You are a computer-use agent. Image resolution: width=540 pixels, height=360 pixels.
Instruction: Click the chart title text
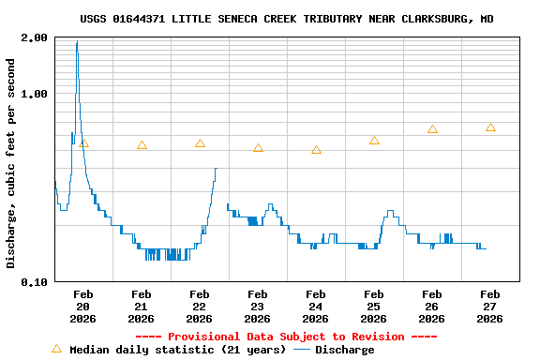point(287,19)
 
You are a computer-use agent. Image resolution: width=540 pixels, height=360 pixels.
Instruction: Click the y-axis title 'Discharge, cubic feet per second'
point(11,163)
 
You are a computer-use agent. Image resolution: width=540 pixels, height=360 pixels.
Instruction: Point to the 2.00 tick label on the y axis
point(35,37)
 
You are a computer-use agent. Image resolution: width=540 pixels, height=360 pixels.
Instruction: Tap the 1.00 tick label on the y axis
point(35,94)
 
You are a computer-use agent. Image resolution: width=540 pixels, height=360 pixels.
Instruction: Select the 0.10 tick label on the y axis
point(35,281)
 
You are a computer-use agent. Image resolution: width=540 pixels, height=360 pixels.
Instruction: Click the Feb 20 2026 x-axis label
point(83,307)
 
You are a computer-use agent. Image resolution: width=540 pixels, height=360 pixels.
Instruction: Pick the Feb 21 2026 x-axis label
point(142,307)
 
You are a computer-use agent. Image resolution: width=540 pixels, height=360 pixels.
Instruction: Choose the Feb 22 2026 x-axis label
point(200,307)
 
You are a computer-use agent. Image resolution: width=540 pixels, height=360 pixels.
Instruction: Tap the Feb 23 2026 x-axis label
point(258,307)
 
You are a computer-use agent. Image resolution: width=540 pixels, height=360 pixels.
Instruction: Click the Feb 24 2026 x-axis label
point(316,307)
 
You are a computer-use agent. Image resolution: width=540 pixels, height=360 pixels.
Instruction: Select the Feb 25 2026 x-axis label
point(374,307)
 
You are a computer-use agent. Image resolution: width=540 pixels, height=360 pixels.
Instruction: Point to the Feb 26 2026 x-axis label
point(432,307)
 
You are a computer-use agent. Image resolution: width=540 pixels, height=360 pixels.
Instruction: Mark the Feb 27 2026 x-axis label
point(490,307)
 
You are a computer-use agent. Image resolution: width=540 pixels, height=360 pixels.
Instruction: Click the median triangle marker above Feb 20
point(83,143)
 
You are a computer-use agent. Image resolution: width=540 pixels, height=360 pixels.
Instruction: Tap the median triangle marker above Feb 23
point(258,148)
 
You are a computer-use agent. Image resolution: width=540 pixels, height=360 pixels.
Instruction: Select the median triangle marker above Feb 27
point(490,127)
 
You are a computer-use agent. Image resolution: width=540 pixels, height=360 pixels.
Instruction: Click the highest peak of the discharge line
point(77,42)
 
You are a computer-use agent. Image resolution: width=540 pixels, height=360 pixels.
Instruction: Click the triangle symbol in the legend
point(56,349)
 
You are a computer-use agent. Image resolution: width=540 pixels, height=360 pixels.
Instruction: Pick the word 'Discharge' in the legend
point(344,350)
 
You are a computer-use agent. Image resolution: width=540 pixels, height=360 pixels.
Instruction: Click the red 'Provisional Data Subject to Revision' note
point(287,337)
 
